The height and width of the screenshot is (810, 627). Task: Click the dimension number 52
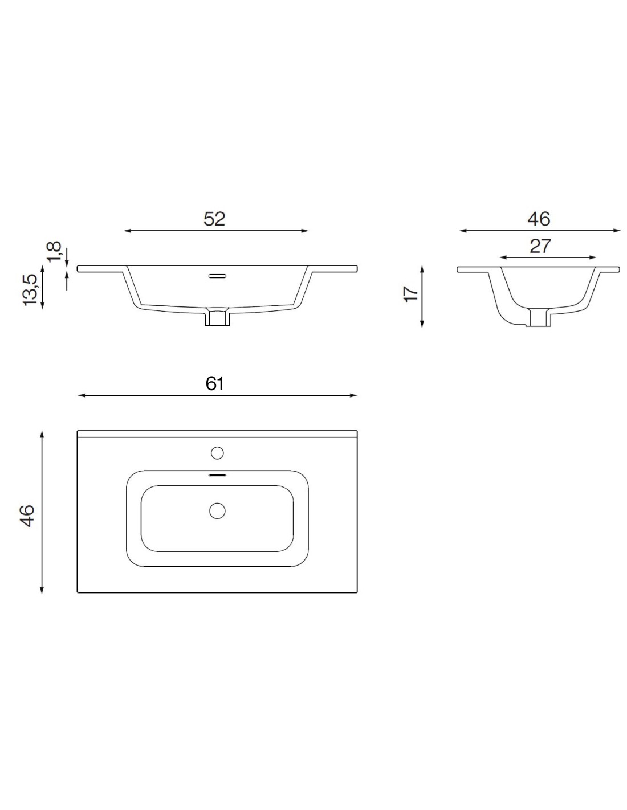[x=214, y=219]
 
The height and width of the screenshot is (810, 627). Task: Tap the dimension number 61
[x=214, y=383]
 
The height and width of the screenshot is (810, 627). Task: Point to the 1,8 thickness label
[x=54, y=251]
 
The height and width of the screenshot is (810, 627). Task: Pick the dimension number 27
[x=540, y=246]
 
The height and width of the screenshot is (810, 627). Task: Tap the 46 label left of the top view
[x=27, y=516]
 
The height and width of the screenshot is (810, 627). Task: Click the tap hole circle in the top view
[x=217, y=453]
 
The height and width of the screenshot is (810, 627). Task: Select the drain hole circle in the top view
[x=217, y=511]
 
